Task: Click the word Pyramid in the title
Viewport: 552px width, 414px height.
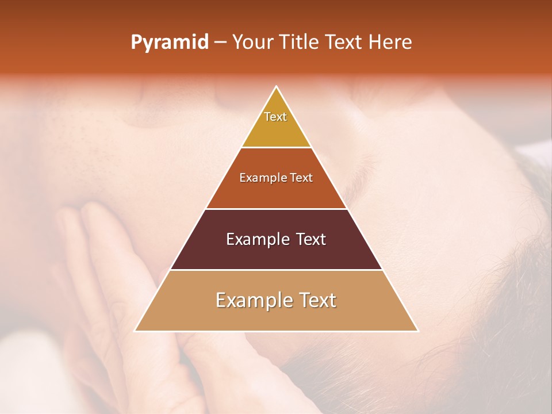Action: (x=169, y=43)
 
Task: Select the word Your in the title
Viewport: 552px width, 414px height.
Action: (x=251, y=42)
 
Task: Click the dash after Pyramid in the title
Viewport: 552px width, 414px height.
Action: (x=220, y=43)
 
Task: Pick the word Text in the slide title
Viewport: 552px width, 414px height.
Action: (x=344, y=42)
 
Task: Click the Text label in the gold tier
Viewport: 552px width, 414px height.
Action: (x=275, y=117)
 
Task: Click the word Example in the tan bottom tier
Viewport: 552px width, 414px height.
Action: (x=250, y=300)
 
